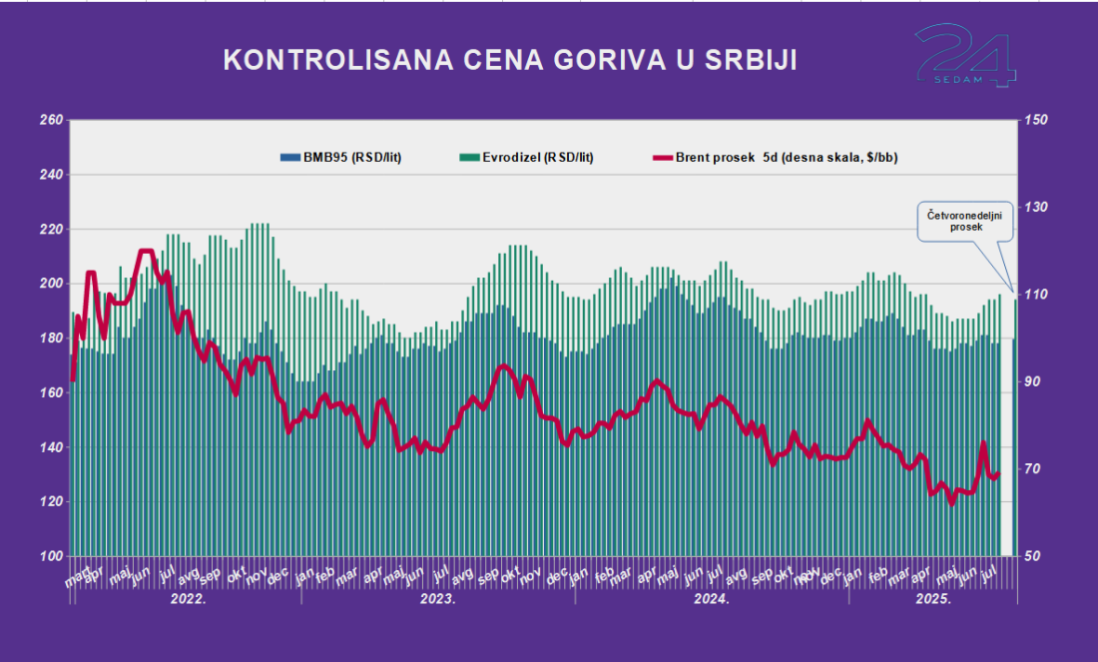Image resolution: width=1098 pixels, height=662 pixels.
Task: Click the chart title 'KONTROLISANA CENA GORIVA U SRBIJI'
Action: [509, 60]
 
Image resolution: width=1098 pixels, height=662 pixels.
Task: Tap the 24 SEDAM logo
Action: [965, 56]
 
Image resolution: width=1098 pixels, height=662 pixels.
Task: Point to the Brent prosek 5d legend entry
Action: [781, 157]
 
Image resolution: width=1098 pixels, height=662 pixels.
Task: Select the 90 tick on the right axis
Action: [1035, 382]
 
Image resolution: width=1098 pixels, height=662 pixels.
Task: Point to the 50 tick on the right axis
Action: [1035, 556]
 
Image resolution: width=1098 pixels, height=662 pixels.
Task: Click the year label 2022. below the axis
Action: [188, 600]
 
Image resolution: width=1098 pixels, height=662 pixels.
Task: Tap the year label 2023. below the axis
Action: [437, 600]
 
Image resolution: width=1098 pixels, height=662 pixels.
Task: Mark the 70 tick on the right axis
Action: [1035, 469]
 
